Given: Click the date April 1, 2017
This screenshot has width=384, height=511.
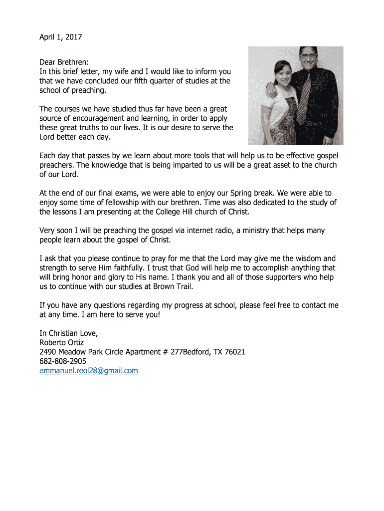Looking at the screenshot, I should click(x=60, y=37).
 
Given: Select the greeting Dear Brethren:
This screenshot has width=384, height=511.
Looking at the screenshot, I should click(x=64, y=62).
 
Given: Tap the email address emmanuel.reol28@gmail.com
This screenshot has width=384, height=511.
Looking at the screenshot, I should click(x=88, y=370).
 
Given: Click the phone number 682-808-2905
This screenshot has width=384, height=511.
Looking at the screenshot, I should click(x=62, y=361).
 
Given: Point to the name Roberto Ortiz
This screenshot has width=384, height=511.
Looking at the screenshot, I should click(x=62, y=342).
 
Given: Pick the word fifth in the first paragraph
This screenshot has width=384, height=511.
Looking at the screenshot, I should click(x=149, y=81).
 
